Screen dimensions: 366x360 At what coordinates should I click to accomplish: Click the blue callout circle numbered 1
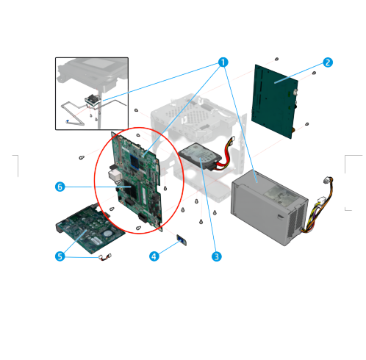click(223, 62)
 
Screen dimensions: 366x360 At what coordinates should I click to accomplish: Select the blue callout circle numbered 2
click(328, 62)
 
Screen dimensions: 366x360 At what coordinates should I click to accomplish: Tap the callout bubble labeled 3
click(216, 256)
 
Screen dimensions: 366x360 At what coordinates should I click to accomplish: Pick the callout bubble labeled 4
click(154, 256)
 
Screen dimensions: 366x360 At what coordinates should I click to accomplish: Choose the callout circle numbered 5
click(60, 256)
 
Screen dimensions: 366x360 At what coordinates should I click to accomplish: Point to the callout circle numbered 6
click(60, 187)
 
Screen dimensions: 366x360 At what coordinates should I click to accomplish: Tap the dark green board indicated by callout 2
click(274, 101)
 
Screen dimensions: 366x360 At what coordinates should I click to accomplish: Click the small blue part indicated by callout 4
click(182, 240)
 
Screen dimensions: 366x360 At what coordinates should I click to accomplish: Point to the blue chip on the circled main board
click(135, 162)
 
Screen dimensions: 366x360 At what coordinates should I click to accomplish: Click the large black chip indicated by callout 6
click(130, 189)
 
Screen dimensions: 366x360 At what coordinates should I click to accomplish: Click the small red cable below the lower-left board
click(105, 257)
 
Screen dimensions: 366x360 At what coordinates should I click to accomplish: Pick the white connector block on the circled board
click(115, 176)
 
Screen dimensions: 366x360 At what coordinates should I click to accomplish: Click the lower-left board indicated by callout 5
click(90, 229)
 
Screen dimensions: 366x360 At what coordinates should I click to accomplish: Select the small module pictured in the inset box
click(93, 100)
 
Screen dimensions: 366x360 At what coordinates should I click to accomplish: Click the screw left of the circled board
click(82, 157)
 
